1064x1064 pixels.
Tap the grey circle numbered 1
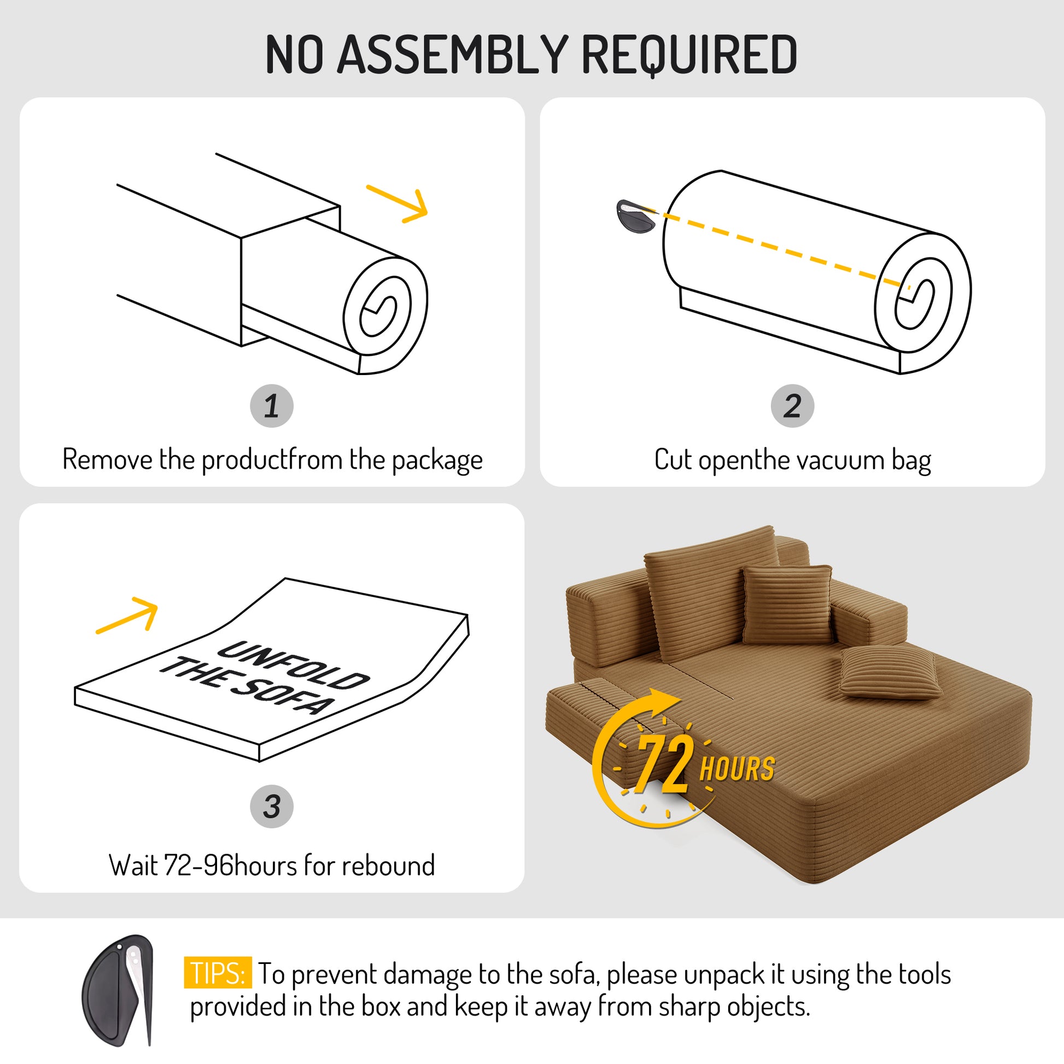click(272, 406)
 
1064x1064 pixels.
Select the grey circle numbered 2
click(792, 406)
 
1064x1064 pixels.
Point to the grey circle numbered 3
click(272, 806)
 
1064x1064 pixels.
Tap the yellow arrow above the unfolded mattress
click(127, 615)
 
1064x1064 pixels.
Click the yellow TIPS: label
click(218, 973)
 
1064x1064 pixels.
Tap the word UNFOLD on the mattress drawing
click(293, 667)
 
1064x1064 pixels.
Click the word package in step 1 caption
click(437, 461)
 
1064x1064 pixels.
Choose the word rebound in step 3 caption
click(388, 865)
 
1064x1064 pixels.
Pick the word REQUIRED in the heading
click(689, 55)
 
